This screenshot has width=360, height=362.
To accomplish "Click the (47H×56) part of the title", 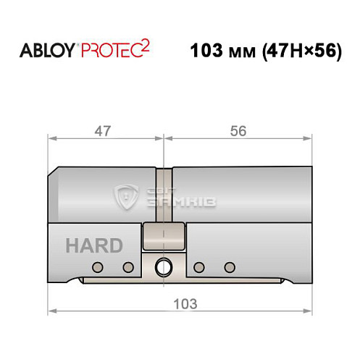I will [x=298, y=53].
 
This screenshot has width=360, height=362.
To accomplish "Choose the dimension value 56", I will [x=238, y=131].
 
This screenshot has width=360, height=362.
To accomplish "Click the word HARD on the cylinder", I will [x=95, y=245].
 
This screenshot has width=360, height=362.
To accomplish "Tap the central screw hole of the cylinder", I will [x=164, y=266].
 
